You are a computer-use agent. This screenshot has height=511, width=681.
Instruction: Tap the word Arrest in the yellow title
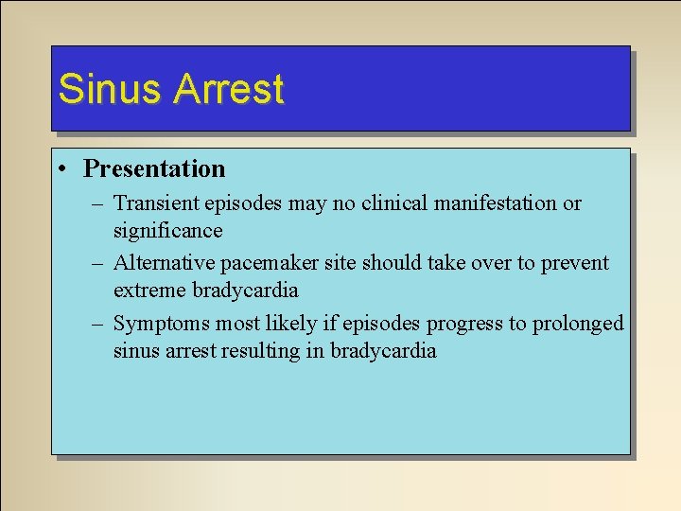[x=228, y=90]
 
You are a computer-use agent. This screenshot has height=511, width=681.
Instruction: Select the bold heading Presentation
[x=154, y=169]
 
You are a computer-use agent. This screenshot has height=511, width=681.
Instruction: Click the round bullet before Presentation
[x=61, y=170]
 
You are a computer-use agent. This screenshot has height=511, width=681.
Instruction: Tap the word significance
[x=167, y=231]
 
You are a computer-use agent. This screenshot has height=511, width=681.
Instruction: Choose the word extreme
[x=149, y=291]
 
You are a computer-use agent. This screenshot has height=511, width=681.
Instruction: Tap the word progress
[x=463, y=324]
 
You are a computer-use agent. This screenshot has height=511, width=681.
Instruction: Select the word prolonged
[x=577, y=324]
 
